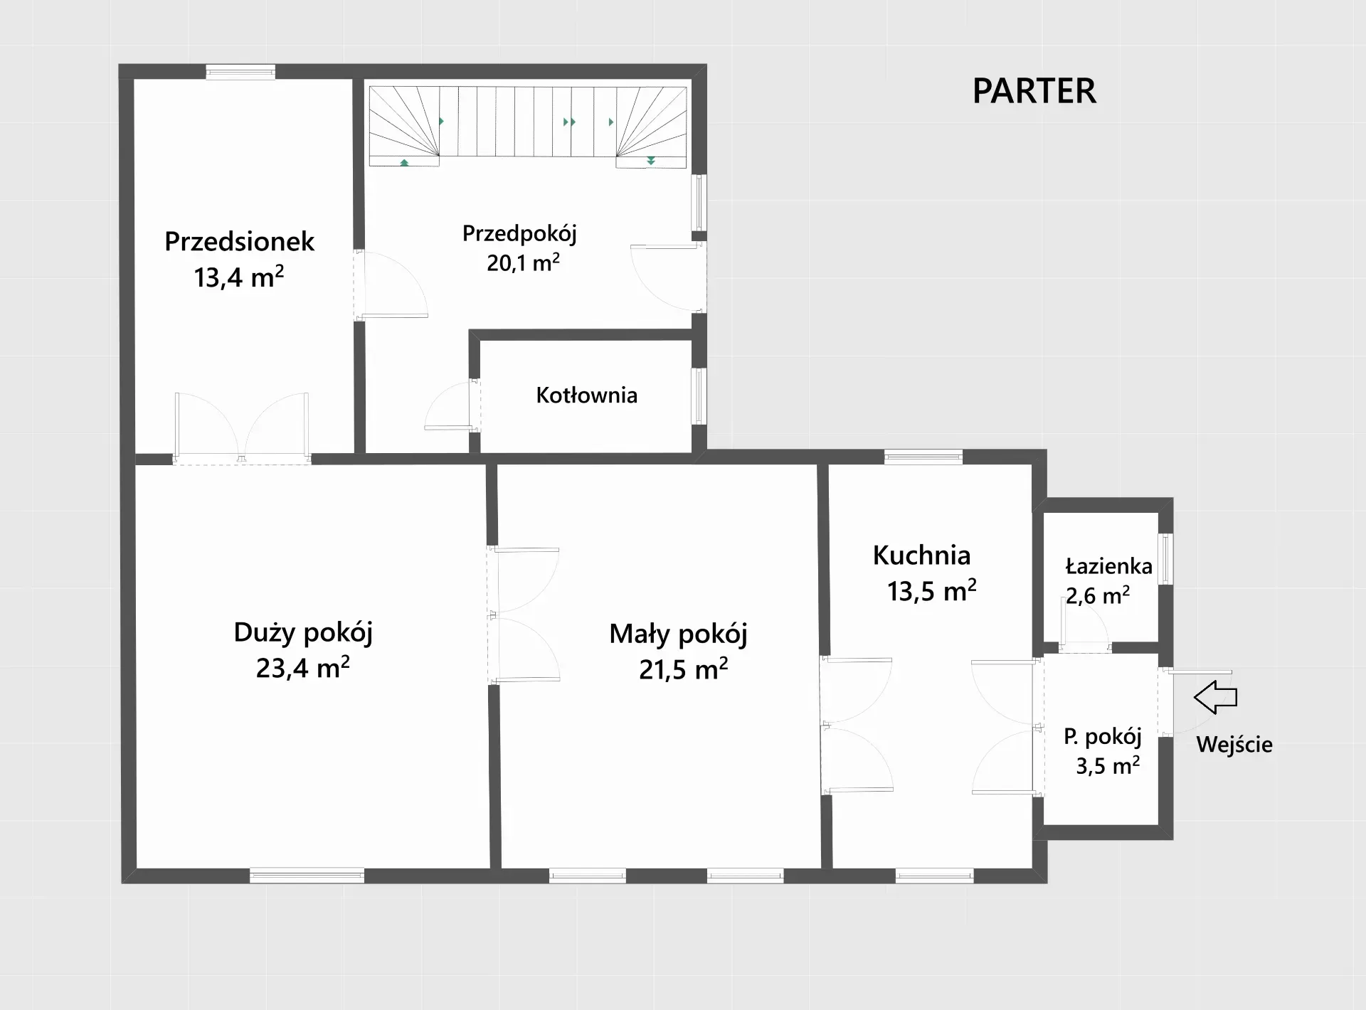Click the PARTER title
(1034, 91)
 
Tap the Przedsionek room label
(239, 242)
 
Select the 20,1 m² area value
(523, 262)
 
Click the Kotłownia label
(586, 395)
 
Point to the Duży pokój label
(303, 632)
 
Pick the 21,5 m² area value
(683, 669)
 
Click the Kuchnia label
(921, 555)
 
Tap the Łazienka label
(1108, 566)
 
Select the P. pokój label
(1102, 736)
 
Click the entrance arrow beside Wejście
(1215, 697)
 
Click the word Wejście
(1234, 745)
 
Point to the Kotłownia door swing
(450, 405)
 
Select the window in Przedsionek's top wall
(240, 71)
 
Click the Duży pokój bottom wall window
(307, 876)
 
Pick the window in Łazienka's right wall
(1165, 559)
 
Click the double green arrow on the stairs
(569, 122)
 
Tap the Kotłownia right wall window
(699, 396)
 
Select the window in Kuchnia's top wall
(923, 457)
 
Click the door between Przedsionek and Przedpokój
(391, 283)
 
